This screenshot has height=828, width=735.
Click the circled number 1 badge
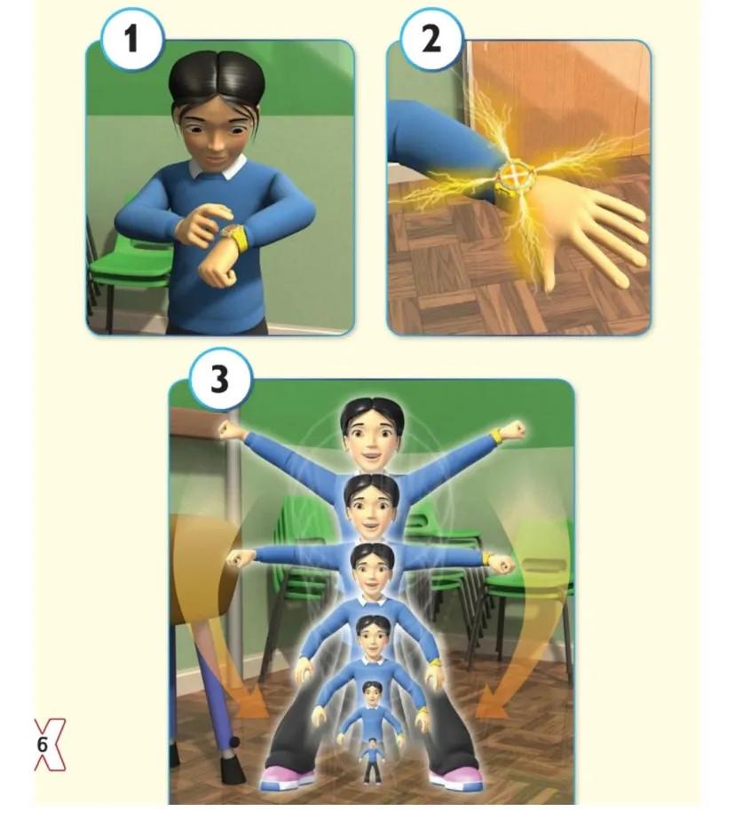(x=131, y=39)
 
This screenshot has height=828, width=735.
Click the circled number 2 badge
(x=431, y=39)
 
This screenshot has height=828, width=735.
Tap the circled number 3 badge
(x=218, y=379)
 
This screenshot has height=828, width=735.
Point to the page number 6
(x=42, y=745)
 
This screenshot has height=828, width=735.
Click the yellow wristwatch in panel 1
(x=235, y=237)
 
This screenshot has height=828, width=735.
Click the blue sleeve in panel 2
(x=439, y=141)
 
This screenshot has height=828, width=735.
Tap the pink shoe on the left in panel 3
(x=288, y=778)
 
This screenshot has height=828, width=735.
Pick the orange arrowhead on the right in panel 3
(x=491, y=706)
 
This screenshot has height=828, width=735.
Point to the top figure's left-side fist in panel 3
(x=231, y=430)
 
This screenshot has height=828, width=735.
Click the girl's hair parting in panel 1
(x=217, y=64)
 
